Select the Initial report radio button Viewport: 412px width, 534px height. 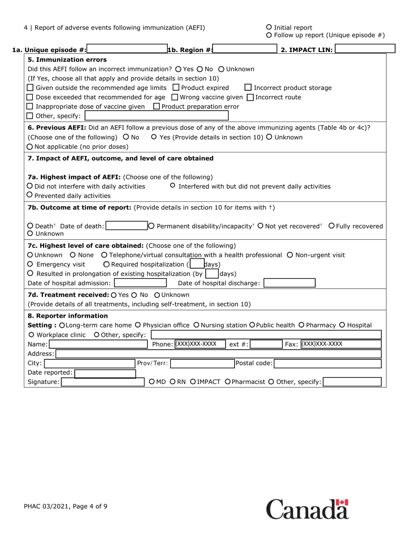269,27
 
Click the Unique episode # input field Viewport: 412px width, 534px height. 127,49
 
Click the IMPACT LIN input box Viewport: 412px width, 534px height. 365,49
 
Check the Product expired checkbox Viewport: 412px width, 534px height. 176,88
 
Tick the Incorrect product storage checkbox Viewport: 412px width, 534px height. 248,88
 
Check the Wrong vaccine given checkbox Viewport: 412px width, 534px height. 175,97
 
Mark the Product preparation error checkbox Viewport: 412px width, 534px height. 157,106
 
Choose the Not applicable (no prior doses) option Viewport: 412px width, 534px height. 30,147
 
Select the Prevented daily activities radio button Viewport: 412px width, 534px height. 30,195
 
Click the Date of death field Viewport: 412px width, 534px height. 127,226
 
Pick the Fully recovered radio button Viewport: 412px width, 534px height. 331,226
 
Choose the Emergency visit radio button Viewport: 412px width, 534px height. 30,264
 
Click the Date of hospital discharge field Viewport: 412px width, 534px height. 289,283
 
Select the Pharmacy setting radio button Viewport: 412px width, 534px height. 301,325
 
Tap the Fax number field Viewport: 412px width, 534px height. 340,344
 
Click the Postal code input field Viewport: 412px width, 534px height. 327,363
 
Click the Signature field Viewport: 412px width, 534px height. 102,382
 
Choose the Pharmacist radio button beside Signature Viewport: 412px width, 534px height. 228,382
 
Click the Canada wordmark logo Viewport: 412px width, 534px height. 307,509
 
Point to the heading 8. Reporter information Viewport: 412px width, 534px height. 68,316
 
